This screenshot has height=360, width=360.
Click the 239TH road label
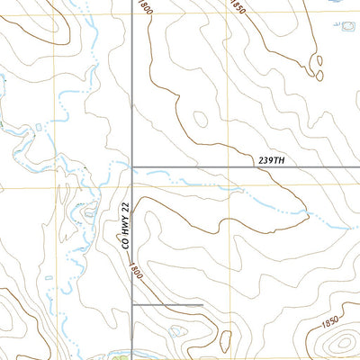[269, 160]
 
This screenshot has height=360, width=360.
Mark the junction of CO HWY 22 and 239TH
[133, 166]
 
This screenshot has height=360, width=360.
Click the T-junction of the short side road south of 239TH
[133, 305]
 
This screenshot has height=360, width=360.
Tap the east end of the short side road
[202, 305]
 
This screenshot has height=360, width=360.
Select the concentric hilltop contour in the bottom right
[341, 343]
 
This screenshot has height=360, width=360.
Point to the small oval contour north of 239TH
[200, 119]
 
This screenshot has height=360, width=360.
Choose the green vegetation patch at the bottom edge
[121, 355]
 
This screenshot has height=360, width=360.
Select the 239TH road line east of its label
[324, 166]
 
